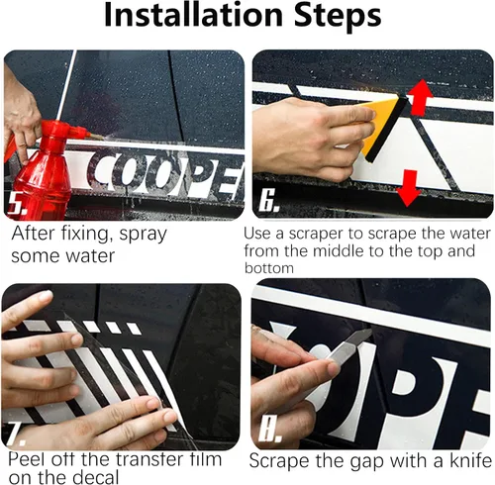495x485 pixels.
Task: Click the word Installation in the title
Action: [193, 15]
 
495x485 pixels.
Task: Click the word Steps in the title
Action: [338, 17]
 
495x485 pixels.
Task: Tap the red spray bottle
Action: [43, 168]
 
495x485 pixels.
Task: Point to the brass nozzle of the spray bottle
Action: [96, 137]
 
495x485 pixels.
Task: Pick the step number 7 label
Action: [15, 434]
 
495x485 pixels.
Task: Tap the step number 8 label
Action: [270, 430]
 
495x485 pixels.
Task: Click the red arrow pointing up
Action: [421, 97]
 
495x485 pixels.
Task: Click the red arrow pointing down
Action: [409, 188]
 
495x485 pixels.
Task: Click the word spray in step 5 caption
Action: [143, 235]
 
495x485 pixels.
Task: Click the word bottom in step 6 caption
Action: [269, 268]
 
